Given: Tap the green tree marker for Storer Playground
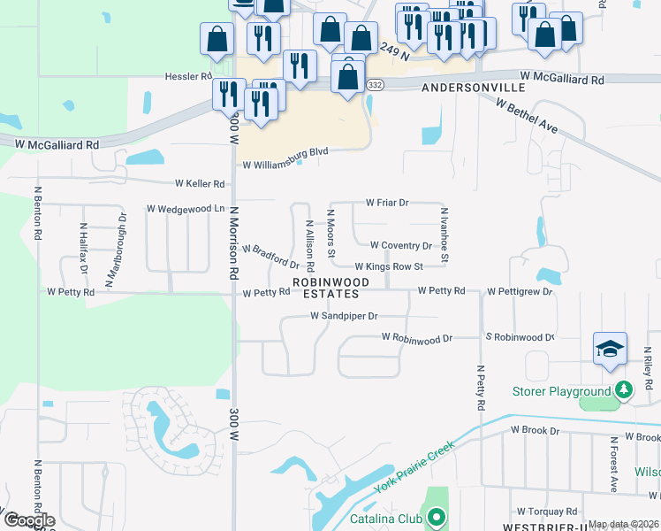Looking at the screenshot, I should click(624, 389).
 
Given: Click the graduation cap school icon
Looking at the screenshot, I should click(610, 349).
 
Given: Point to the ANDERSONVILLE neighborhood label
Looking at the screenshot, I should click(473, 88).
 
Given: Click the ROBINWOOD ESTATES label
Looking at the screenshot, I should click(326, 288).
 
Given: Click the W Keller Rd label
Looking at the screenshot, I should click(200, 183).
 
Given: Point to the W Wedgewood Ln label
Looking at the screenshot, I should click(186, 209).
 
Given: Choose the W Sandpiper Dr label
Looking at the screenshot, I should click(344, 315).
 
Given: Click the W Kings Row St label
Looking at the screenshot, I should click(389, 266).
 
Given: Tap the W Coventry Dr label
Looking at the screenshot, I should click(400, 245).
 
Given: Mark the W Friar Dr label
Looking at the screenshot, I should click(387, 203).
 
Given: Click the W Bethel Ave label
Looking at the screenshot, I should click(527, 117).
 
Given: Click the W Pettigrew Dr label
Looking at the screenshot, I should click(519, 290).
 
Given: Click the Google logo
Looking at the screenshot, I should click(28, 520).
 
